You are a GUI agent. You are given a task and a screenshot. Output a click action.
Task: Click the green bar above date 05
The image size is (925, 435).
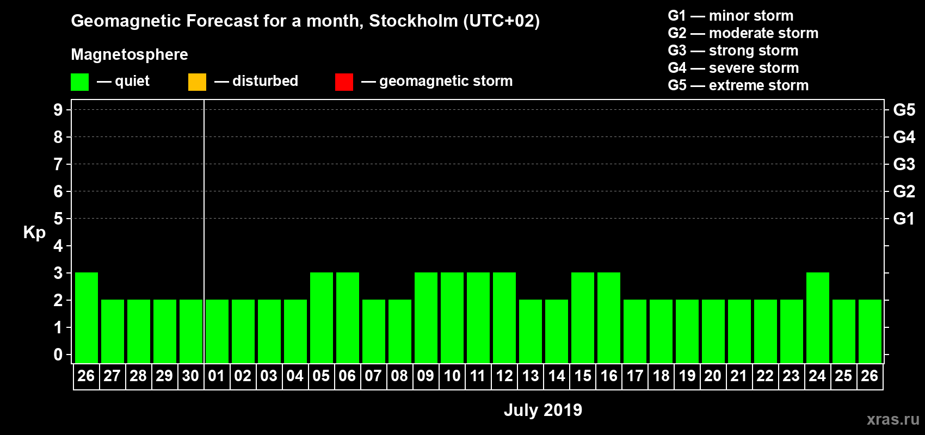[322, 318]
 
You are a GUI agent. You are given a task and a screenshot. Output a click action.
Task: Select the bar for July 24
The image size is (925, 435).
[818, 318]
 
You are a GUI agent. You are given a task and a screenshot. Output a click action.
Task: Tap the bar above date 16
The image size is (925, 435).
[609, 318]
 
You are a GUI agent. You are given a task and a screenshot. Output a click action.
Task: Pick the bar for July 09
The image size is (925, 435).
[426, 318]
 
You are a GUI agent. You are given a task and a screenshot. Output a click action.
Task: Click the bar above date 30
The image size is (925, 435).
[191, 331]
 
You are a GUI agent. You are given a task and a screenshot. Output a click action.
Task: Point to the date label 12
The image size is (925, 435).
[504, 376]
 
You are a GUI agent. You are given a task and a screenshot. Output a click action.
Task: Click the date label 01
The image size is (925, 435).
[217, 376]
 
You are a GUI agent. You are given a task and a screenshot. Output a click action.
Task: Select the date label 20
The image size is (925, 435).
[713, 376]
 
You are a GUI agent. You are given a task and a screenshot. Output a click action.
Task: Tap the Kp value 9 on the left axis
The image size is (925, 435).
[58, 110]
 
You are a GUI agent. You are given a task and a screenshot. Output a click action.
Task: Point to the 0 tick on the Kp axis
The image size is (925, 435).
[58, 355]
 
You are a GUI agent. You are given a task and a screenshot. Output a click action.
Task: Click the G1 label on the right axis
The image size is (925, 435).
[904, 219]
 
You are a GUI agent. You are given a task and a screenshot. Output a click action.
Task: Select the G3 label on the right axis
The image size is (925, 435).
[904, 164]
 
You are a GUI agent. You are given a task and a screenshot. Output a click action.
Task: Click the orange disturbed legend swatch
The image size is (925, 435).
[197, 82]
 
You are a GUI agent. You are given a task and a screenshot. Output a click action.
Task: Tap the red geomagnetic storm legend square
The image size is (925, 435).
[344, 82]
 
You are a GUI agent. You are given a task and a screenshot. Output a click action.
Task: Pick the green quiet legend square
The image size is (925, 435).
[79, 82]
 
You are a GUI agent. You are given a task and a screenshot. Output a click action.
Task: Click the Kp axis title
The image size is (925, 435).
[34, 232]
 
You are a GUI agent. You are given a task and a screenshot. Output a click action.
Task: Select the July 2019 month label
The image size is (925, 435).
[543, 410]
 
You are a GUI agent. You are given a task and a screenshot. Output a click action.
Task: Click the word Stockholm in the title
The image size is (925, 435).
[414, 21]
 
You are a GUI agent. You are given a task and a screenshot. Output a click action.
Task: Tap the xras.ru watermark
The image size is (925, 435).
[893, 419]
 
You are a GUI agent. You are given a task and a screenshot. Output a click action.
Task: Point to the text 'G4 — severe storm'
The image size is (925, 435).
[733, 68]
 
